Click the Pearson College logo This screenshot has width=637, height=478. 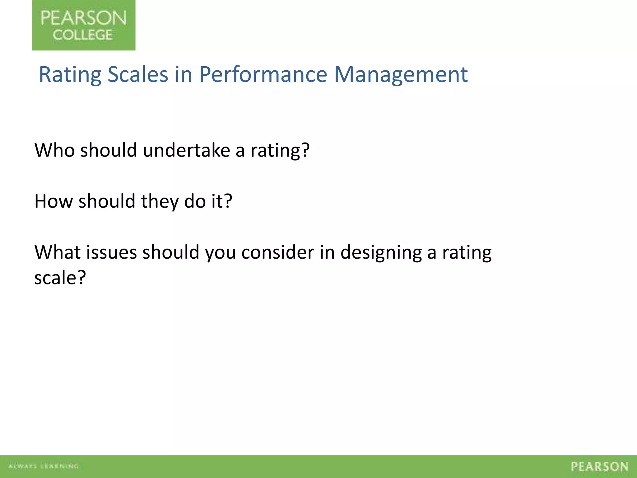point(83,25)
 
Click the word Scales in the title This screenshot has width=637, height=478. point(137,75)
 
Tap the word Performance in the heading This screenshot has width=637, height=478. point(263,75)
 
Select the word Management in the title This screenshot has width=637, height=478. point(401,75)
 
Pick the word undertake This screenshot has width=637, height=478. point(186,150)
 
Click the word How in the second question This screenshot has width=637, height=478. point(53,201)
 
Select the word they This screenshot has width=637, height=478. point(160,201)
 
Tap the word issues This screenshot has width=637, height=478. point(111,252)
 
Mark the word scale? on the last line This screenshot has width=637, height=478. point(60,278)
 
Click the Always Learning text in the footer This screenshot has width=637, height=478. point(43,466)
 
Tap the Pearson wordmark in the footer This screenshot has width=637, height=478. point(599,466)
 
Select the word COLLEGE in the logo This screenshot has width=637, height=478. point(82,35)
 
